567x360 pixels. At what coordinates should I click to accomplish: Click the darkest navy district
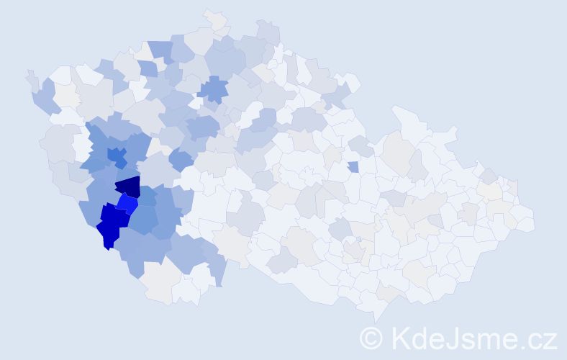(x=130, y=187)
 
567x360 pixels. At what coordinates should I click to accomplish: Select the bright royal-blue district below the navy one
(x=127, y=204)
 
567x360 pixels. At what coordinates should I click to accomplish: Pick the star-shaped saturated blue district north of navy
(x=116, y=155)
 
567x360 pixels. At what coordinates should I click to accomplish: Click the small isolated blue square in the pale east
(x=353, y=167)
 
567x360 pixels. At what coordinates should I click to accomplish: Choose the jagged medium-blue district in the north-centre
(x=213, y=90)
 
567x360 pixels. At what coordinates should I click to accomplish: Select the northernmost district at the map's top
(x=214, y=17)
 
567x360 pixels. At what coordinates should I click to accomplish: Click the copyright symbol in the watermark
(x=371, y=338)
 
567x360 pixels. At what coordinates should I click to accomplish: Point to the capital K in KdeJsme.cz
(x=400, y=338)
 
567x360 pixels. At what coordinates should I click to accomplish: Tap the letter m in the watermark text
(x=486, y=340)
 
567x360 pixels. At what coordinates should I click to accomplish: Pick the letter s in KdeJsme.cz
(x=466, y=340)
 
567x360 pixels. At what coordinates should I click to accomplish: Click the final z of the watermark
(x=550, y=340)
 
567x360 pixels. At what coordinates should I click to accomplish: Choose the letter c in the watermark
(x=535, y=340)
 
